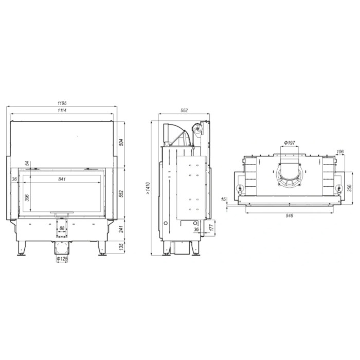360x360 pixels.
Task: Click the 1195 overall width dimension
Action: click(62, 103)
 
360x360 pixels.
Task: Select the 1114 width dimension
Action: click(62, 111)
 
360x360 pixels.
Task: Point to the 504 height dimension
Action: click(122, 142)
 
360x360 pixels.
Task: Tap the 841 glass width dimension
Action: click(62, 179)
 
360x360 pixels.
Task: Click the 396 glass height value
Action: click(27, 198)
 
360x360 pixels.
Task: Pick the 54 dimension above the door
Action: click(27, 163)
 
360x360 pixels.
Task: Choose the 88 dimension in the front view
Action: click(62, 228)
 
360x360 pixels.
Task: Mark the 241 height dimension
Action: click(122, 229)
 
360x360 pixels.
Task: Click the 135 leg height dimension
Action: click(122, 246)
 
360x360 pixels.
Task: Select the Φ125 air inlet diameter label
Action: click(62, 259)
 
